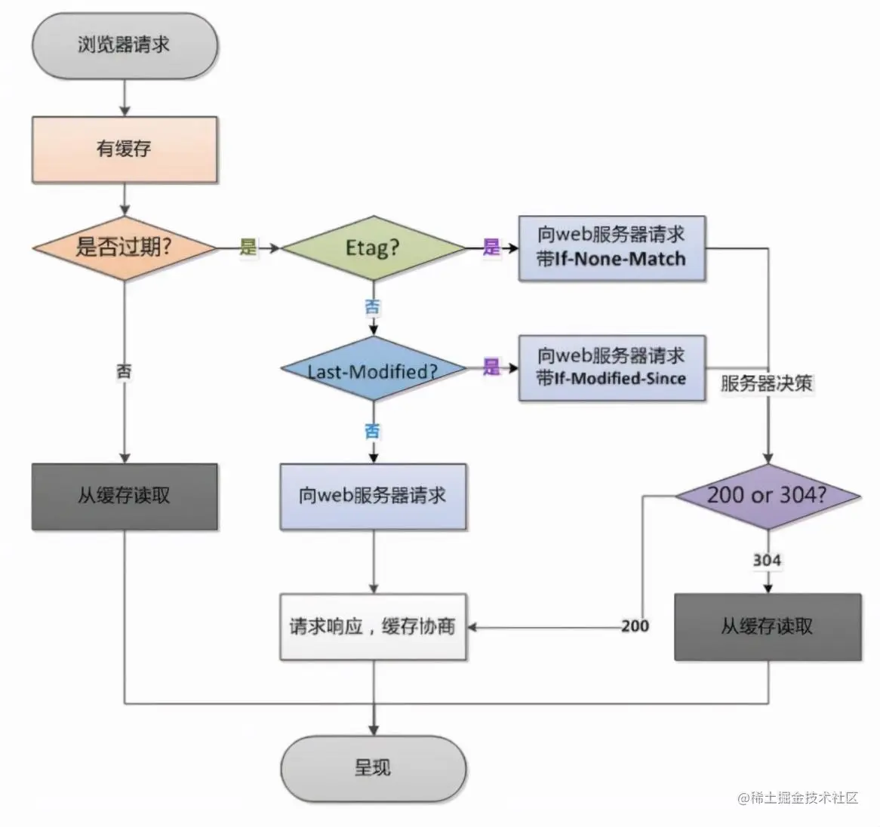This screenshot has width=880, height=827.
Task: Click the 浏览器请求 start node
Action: pos(125,45)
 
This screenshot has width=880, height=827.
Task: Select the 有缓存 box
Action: pos(125,149)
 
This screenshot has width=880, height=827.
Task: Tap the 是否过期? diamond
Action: pos(125,247)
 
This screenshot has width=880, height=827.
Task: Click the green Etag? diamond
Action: pos(373,247)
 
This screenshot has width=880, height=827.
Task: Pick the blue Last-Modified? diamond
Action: pos(373,370)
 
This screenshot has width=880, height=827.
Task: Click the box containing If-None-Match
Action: pos(612,247)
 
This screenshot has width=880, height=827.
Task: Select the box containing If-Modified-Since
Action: pos(612,367)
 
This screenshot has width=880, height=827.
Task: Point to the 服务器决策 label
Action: pos(767,383)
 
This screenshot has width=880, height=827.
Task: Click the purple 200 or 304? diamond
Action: pos(767,496)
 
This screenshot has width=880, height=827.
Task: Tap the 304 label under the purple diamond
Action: pos(767,560)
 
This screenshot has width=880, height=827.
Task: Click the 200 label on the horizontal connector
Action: pos(635,626)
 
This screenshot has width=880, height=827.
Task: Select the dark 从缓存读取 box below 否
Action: pos(125,496)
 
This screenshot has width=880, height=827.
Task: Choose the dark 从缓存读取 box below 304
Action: pos(767,626)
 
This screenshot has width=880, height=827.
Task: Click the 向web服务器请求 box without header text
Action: pos(373,496)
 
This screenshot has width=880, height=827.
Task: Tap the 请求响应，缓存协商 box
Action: pos(373,626)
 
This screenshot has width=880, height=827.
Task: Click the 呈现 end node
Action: pos(373,768)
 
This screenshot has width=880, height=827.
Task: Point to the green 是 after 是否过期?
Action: pos(249,247)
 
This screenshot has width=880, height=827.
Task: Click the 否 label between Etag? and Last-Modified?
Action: pos(373,307)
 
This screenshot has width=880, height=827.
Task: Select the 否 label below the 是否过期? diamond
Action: pos(125,370)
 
